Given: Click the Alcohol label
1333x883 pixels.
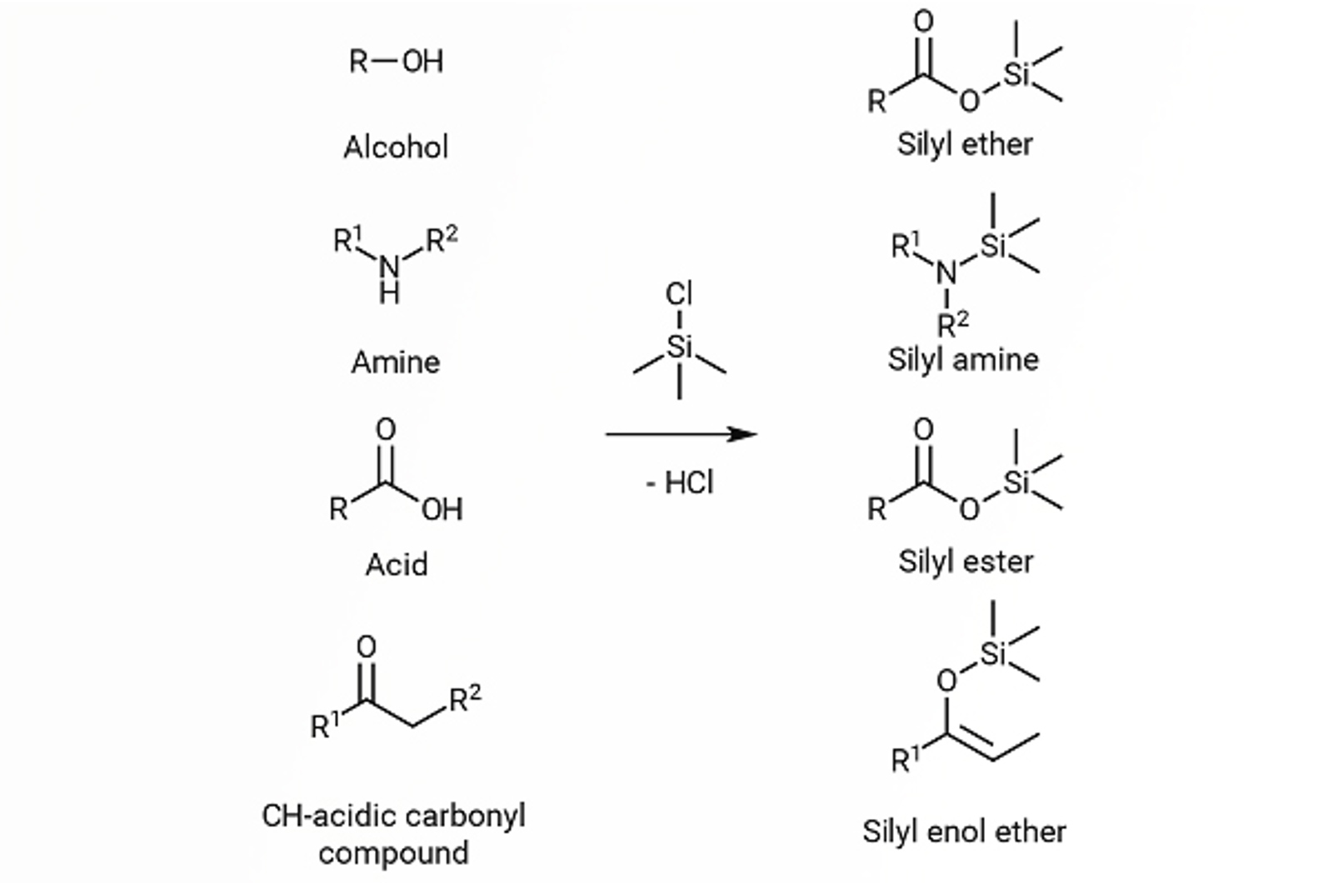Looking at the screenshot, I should (x=396, y=147).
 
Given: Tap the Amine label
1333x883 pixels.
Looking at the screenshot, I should (x=395, y=362).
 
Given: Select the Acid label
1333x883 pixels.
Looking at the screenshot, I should (x=397, y=565).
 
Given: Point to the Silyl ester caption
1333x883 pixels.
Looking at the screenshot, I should (x=966, y=561).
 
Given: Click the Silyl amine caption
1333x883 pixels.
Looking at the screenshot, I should (x=963, y=360).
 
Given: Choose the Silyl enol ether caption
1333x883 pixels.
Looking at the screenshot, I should (x=964, y=831).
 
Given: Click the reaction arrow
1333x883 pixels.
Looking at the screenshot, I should (x=681, y=434).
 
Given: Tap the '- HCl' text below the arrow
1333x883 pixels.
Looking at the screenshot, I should (x=680, y=483).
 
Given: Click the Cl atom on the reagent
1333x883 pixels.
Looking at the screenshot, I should (x=679, y=294).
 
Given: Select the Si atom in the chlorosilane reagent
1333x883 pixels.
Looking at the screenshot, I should (x=680, y=346).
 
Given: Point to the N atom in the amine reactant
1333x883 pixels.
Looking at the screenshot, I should (x=388, y=266).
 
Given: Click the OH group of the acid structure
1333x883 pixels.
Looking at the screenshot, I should (x=442, y=509).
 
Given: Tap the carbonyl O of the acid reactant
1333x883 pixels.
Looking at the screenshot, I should (x=385, y=430).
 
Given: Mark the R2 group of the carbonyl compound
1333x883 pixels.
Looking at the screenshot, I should (x=465, y=698).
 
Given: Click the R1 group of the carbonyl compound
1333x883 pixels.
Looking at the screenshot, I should (x=325, y=725).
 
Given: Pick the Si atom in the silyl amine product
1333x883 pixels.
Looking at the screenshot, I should (x=992, y=246).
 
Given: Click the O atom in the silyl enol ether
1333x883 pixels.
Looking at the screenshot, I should (x=946, y=681).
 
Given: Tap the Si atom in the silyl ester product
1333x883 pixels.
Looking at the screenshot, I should (x=1016, y=482).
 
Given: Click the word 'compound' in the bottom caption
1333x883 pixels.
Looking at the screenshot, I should (x=393, y=853).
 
